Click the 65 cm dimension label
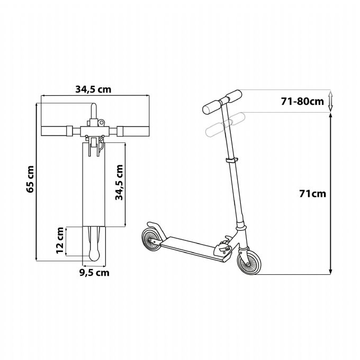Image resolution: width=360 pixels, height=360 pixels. (30, 179)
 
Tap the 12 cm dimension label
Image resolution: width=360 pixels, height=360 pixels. (60, 240)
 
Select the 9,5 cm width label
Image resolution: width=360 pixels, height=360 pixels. (94, 273)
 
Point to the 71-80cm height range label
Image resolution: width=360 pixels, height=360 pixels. (302, 101)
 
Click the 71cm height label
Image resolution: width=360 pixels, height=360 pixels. (312, 194)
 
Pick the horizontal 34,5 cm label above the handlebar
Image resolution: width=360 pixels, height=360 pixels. (93, 89)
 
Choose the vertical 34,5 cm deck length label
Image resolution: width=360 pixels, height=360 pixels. (119, 183)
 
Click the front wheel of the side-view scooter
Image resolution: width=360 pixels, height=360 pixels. (249, 262)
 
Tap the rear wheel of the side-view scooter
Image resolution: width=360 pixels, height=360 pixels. (152, 240)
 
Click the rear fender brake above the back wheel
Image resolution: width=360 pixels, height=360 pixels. (157, 230)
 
